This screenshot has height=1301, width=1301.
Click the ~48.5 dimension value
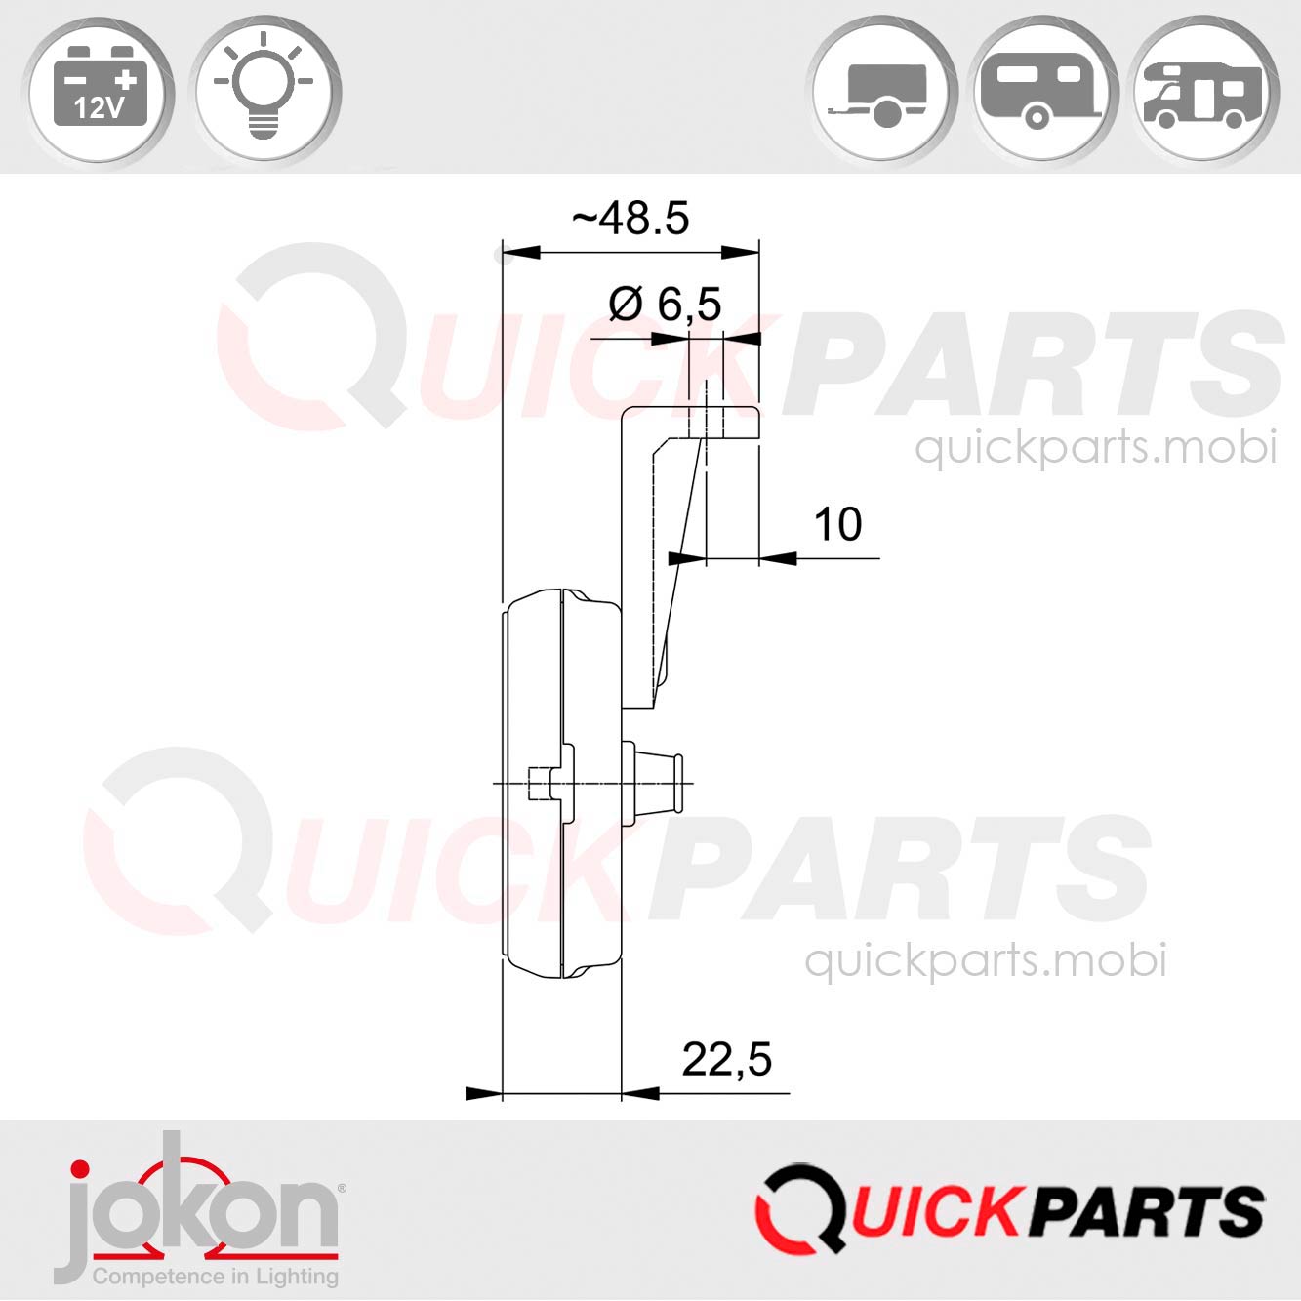[x=630, y=219]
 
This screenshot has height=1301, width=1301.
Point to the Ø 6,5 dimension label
[x=665, y=305]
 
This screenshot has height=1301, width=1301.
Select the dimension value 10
[x=837, y=525]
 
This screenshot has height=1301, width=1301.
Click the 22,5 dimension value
[x=726, y=1059]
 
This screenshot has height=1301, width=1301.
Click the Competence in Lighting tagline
[x=215, y=1276]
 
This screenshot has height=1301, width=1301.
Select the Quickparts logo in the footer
[x=1009, y=1210]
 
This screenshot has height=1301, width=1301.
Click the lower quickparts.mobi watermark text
[x=986, y=961]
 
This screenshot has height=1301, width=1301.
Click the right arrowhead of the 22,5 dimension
[x=640, y=1093]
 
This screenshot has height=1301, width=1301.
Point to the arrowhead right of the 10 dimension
[x=778, y=558]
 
